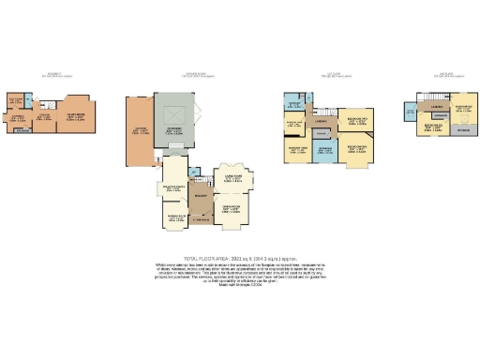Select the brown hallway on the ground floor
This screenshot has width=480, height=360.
[x=200, y=198]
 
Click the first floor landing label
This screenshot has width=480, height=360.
[x=321, y=121]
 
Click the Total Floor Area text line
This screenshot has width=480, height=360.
[x=240, y=256]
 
